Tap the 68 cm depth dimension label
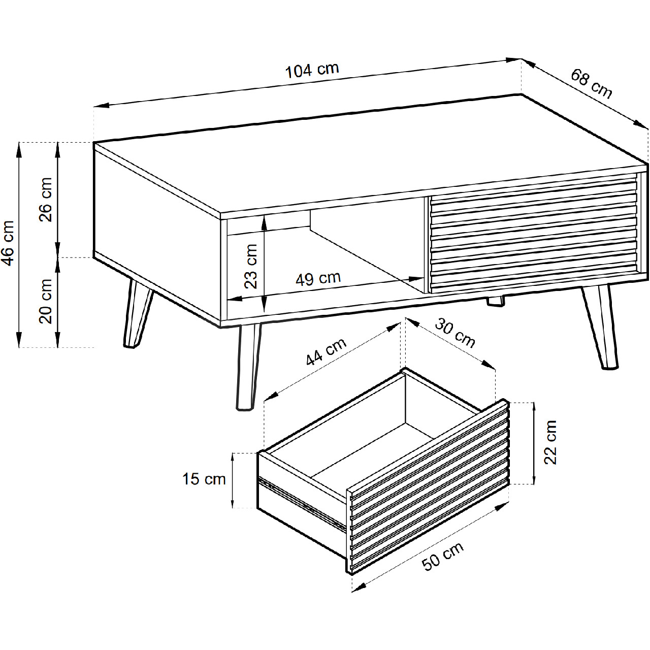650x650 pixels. [591, 84]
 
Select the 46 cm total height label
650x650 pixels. [9, 243]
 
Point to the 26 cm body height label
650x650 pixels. [46, 200]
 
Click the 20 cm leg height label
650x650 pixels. [46, 301]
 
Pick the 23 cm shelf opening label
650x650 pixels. [251, 267]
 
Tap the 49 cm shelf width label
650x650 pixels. [318, 279]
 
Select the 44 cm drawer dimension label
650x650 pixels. [326, 352]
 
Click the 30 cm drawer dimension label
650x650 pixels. [455, 333]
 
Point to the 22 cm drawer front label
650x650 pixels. [550, 443]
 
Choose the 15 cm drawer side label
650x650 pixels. [204, 479]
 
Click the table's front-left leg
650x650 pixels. [248, 367]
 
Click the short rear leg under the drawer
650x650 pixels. [496, 301]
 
